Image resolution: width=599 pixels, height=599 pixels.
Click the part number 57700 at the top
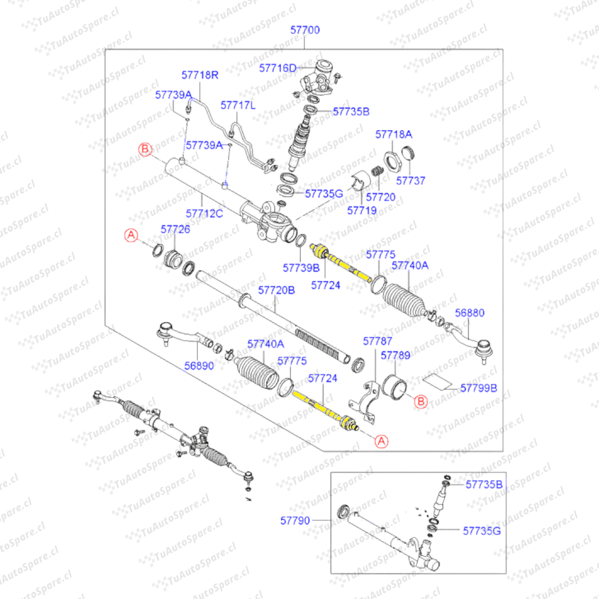pyautogui.click(x=305, y=30)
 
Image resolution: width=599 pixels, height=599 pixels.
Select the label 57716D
pyautogui.click(x=278, y=68)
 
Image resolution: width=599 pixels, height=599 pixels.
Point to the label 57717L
pyautogui.click(x=238, y=104)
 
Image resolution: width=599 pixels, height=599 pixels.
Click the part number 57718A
pyautogui.click(x=394, y=134)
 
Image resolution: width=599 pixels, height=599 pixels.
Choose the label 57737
pyautogui.click(x=410, y=181)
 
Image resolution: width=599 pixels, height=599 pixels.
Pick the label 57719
pyautogui.click(x=362, y=210)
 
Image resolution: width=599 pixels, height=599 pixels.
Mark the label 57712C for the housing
pyautogui.click(x=204, y=213)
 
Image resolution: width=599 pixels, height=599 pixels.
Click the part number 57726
pyautogui.click(x=175, y=229)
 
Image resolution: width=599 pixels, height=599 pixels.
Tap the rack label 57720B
pyautogui.click(x=277, y=290)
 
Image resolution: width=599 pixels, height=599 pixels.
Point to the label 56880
pyautogui.click(x=470, y=313)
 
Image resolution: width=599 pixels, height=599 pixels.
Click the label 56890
pyautogui.click(x=199, y=367)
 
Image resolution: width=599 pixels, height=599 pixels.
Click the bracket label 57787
pyautogui.click(x=378, y=341)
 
